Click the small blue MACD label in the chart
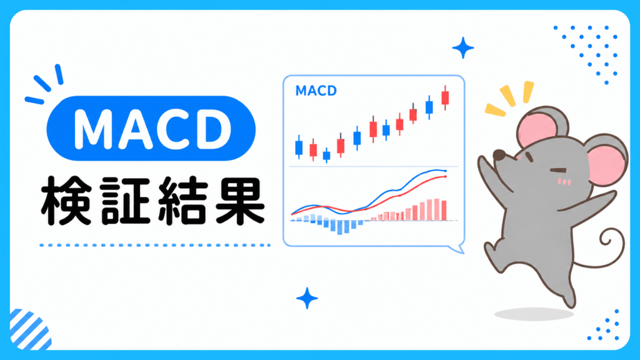(316, 91)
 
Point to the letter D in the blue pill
(214, 129)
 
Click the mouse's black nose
(499, 155)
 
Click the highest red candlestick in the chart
(445, 98)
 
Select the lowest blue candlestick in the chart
(326, 156)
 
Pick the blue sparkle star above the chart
(463, 47)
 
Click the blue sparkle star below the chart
(307, 298)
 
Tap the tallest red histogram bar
(437, 210)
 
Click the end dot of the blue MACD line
(446, 171)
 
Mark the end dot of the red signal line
(446, 177)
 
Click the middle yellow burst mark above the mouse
(507, 96)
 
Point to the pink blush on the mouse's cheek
(564, 181)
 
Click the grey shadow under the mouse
(534, 314)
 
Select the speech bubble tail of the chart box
(458, 248)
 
